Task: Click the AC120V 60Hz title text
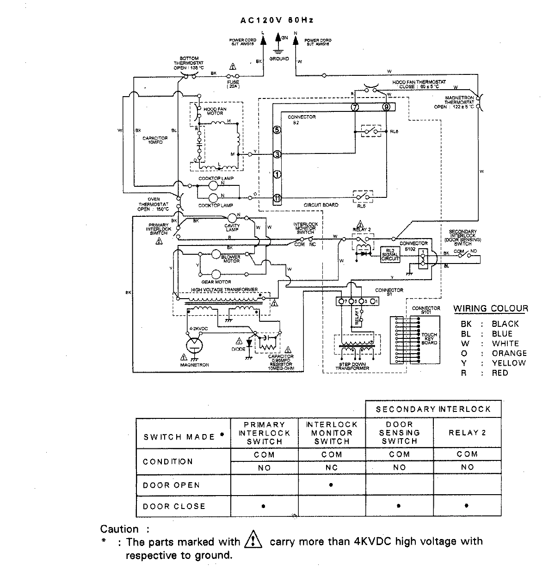277,20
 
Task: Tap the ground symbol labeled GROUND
278,52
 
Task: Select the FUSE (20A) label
233,84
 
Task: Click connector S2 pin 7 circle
355,107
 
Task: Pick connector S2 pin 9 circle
387,107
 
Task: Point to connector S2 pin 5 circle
277,130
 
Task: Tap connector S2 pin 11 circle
277,197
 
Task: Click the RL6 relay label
394,132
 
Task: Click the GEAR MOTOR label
216,282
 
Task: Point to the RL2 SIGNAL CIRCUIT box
389,255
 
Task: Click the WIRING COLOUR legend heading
490,309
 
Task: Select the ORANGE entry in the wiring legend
509,353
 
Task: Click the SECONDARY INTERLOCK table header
433,409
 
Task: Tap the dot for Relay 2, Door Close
467,506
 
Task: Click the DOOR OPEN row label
171,485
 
